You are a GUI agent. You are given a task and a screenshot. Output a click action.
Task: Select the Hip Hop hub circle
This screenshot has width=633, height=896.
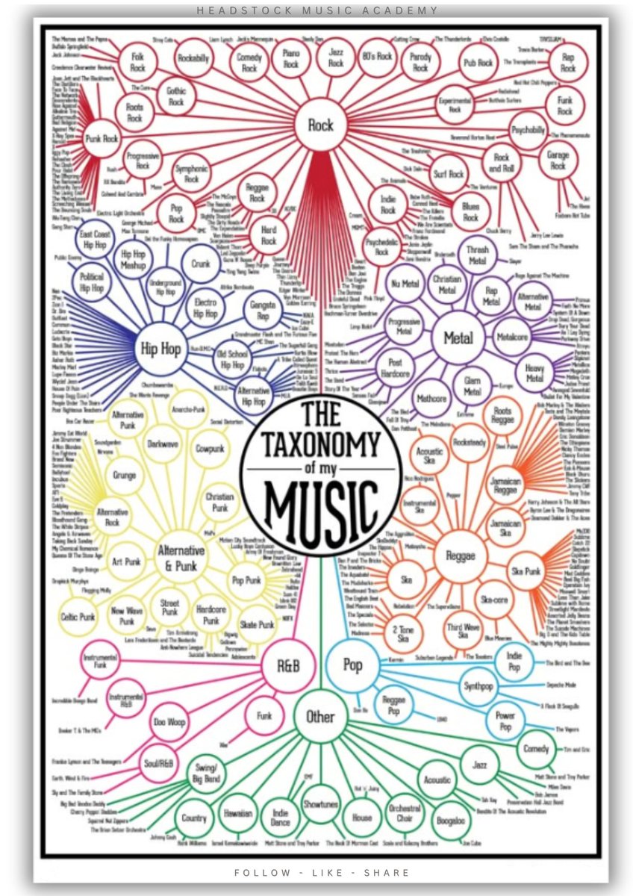point(160,349)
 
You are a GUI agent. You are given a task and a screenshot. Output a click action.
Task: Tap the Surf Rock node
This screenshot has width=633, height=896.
point(449,175)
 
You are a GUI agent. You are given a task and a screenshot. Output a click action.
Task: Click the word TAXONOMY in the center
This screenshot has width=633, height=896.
point(321,447)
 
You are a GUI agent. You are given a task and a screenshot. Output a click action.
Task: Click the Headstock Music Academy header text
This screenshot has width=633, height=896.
point(316,10)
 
